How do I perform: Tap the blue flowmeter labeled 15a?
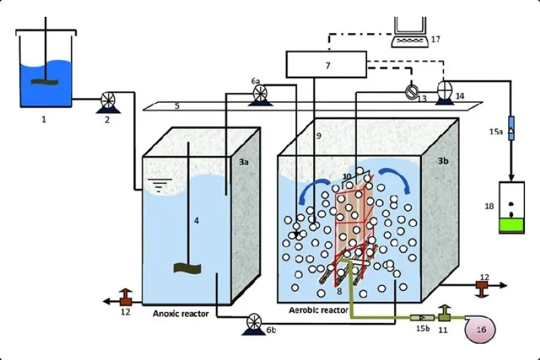point(511,128)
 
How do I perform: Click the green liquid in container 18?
point(511,226)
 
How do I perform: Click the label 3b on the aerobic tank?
point(443,162)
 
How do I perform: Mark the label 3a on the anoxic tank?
point(244,162)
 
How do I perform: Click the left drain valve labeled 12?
point(126,296)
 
